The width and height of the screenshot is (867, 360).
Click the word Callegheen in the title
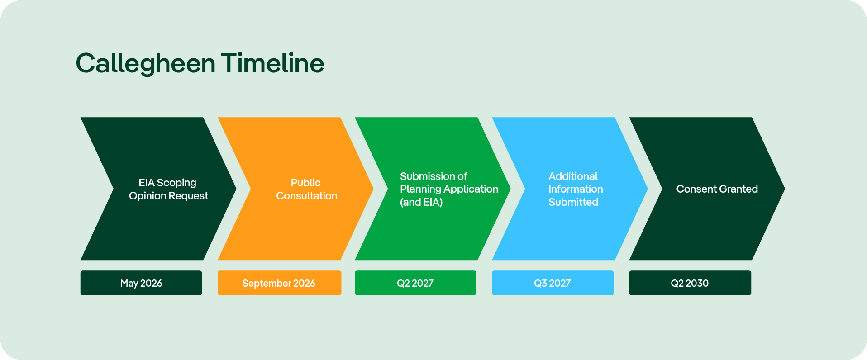(145, 64)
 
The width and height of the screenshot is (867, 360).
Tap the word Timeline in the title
(272, 63)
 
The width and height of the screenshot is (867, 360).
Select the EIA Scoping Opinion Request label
(168, 189)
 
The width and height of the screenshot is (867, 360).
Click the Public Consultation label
(306, 189)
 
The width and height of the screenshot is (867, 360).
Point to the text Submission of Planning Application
(449, 183)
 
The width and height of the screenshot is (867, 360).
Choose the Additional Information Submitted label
(576, 189)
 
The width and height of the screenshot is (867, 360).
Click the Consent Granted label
(717, 189)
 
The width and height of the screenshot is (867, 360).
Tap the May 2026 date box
(141, 283)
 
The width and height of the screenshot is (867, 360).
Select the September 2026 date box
(279, 283)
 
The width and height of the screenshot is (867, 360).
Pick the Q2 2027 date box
(415, 283)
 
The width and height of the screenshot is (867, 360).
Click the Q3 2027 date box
(553, 283)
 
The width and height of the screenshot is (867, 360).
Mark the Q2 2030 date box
(690, 283)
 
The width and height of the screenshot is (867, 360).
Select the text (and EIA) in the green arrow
(421, 202)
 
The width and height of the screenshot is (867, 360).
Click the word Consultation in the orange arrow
(307, 196)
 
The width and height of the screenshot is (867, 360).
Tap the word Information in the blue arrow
(576, 189)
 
